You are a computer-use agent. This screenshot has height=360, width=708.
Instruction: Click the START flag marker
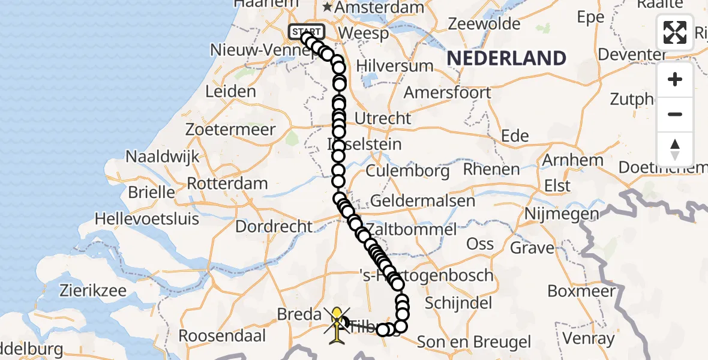tap(307, 31)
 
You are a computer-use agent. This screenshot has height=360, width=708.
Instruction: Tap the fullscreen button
tap(675, 32)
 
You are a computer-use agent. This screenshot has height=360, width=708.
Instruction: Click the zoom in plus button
tap(675, 79)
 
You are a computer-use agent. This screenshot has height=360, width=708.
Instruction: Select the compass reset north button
tap(675, 149)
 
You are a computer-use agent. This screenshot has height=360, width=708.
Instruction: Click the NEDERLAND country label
tap(506, 58)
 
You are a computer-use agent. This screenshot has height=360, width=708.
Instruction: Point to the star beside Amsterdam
tap(328, 8)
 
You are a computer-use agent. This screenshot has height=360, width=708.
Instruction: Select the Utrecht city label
tap(383, 118)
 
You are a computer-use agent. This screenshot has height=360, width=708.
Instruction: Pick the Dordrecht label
tap(274, 227)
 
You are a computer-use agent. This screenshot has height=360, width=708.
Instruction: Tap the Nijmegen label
tap(562, 213)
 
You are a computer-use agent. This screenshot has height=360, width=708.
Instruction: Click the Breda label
tap(299, 314)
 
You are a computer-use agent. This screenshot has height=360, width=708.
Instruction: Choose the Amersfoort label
tap(447, 93)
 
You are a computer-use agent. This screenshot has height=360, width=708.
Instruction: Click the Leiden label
tap(230, 92)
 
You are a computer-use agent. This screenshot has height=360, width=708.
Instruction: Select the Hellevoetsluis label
tap(147, 218)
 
